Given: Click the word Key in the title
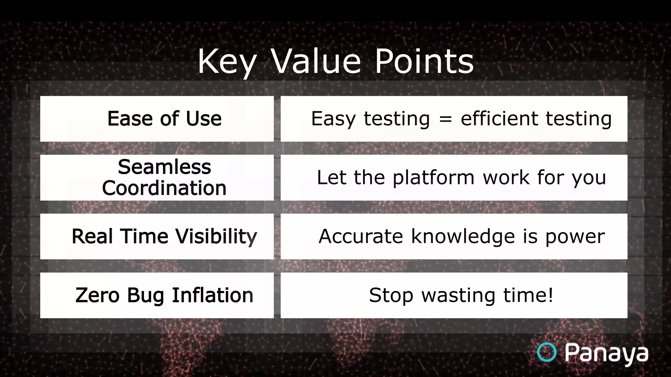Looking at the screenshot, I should pos(226,62).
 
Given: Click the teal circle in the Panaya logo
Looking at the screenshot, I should pos(547,352).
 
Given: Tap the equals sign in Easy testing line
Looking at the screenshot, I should pos(445,119).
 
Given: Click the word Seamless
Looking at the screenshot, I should pos(164,167).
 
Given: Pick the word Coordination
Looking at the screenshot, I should pos(164,188).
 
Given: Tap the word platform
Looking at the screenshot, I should pos(433,178).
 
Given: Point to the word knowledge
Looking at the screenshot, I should pos(463,237).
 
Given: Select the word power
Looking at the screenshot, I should pos(575,237).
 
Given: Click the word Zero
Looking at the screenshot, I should pos(97,296).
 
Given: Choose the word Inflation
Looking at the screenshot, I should pos(213,295).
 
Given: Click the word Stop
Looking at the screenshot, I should pos(391,296).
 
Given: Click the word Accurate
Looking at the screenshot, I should pos(360,237).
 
